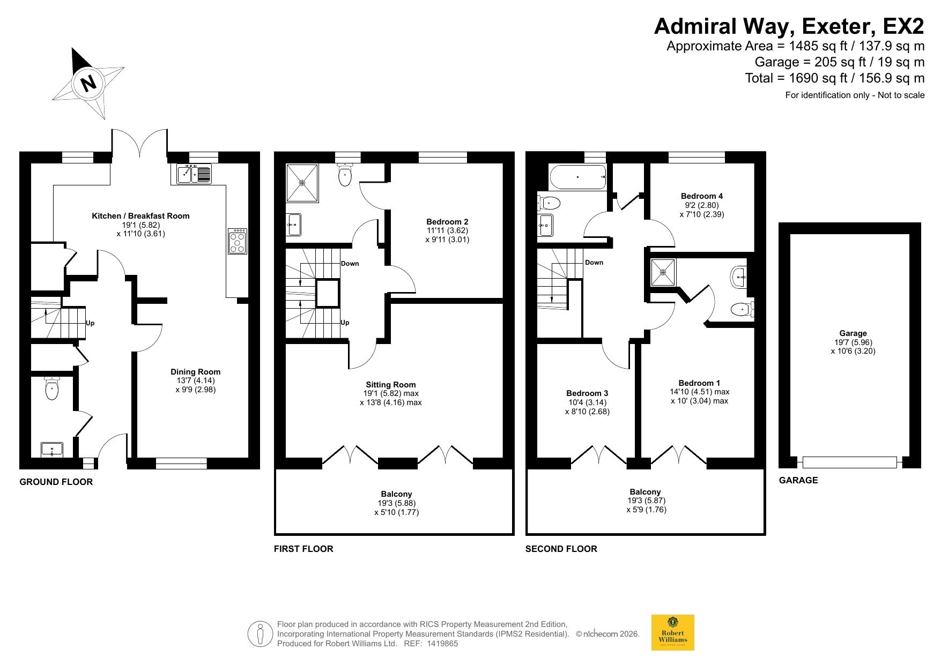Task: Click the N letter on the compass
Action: [x=88, y=83]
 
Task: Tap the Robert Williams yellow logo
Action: [x=672, y=632]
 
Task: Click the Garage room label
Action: [x=853, y=333]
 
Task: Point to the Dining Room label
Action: [x=196, y=372]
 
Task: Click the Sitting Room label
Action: [x=391, y=385]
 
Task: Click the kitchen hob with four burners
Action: [x=238, y=241]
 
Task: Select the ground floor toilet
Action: [x=51, y=388]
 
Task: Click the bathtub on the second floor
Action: [x=578, y=177]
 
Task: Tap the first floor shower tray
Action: [x=302, y=183]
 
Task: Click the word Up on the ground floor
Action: [x=90, y=323]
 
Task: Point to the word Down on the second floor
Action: [x=594, y=263]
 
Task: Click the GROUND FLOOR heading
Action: [x=56, y=482]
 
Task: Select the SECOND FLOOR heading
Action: [x=561, y=549]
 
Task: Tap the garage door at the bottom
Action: [x=850, y=462]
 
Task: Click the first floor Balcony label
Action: [x=397, y=494]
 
